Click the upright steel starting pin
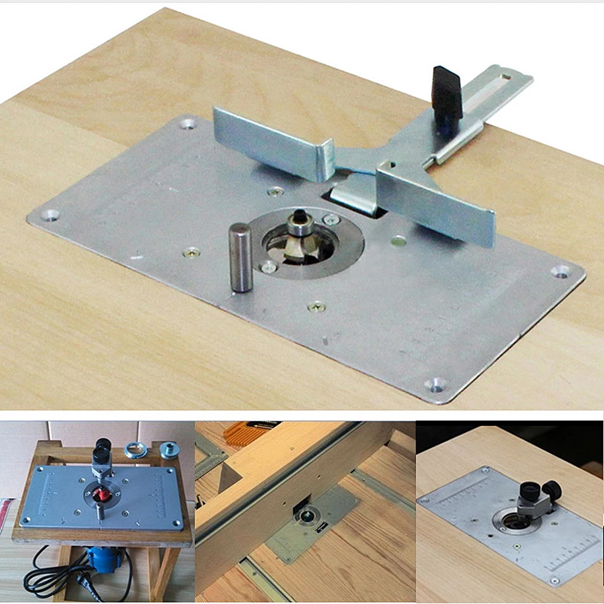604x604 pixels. point(241,258)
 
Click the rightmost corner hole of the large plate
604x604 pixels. point(561,271)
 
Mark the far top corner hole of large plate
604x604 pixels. point(188,124)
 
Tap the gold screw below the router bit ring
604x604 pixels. point(316,307)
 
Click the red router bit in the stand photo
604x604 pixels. point(103,494)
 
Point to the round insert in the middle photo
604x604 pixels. point(308,515)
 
